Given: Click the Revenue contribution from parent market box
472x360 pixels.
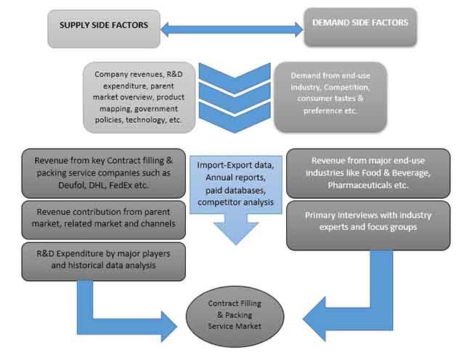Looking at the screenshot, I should [x=103, y=218].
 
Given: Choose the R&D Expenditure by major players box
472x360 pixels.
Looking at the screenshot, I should [x=103, y=260].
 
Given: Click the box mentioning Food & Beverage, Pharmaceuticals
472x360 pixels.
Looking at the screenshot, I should [x=368, y=173].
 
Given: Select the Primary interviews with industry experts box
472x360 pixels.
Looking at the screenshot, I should [x=368, y=224].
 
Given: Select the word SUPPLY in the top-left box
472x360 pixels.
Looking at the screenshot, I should [x=76, y=25].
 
